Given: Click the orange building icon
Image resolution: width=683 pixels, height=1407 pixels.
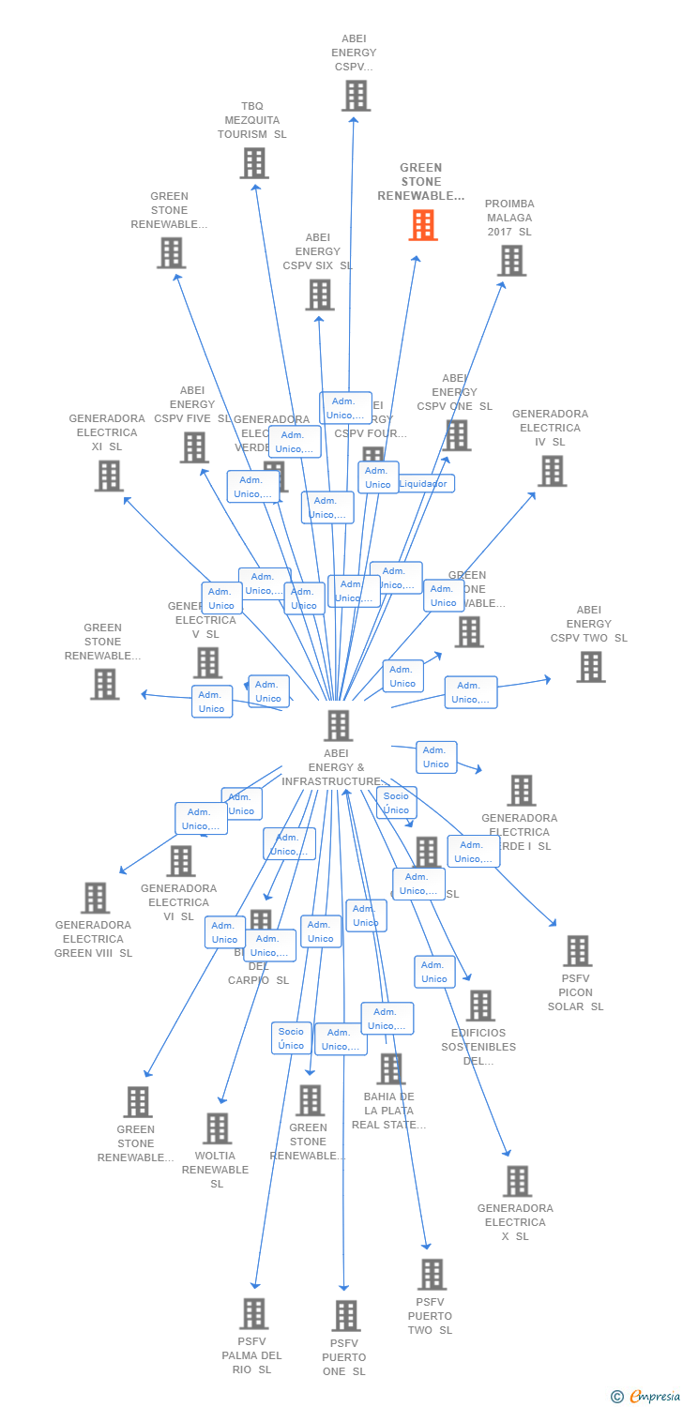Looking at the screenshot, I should (x=423, y=225).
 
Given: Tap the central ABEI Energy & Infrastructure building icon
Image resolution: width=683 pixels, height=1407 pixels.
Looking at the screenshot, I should (x=338, y=725).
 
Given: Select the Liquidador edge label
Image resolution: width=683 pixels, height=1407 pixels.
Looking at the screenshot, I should (x=424, y=484).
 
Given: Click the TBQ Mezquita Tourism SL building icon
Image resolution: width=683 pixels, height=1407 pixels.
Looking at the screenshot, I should (x=254, y=163).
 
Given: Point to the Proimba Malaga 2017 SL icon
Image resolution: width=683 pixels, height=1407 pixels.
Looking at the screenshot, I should (x=511, y=261).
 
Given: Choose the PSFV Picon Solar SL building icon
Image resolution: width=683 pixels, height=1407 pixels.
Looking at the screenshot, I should (x=577, y=950).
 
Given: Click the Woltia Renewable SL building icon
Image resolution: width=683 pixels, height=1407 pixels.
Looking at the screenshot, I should (x=218, y=1128).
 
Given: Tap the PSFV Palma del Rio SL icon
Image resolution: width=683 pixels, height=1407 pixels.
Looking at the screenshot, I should (x=254, y=1313).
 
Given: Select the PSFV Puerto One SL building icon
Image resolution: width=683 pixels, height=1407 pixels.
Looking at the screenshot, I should (x=346, y=1315).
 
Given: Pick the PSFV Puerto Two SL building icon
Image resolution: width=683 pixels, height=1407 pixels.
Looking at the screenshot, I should (x=432, y=1274).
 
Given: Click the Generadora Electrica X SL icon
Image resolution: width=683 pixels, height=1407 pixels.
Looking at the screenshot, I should (x=517, y=1181).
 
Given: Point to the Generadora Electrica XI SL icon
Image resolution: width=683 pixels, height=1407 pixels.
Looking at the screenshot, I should (x=109, y=476).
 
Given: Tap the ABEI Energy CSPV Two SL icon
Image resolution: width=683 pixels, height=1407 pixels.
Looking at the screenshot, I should (x=590, y=667).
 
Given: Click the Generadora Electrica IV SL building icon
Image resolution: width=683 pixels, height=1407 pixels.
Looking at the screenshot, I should (x=552, y=471).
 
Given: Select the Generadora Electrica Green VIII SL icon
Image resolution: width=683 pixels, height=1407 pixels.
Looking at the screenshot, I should (x=95, y=898).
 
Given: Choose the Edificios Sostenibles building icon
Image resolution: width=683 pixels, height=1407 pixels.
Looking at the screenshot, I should (x=480, y=1006).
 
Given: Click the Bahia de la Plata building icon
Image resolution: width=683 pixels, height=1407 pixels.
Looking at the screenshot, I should (x=390, y=1068).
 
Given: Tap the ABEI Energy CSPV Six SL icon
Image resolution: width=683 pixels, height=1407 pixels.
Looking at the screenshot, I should (x=319, y=295).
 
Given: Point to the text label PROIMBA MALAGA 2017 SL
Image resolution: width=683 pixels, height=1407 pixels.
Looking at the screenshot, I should (x=509, y=218).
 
